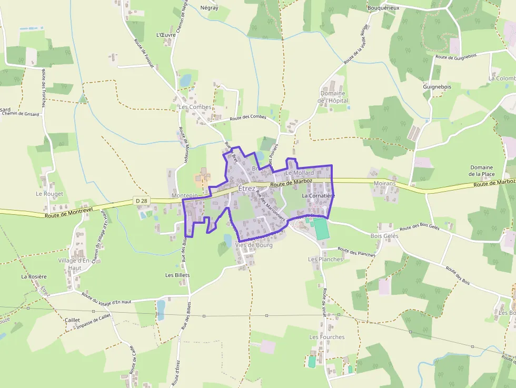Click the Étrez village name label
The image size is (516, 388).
(246, 188)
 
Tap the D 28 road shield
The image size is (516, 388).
(141, 201)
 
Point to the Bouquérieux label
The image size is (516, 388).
(383, 8)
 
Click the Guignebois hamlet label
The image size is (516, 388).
(437, 86)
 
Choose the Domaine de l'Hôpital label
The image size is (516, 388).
(333, 97)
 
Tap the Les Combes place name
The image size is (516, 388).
(195, 107)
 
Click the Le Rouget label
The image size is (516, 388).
(49, 194)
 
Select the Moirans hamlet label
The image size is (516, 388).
(384, 183)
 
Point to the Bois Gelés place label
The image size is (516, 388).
(384, 236)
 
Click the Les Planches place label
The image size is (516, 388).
(325, 259)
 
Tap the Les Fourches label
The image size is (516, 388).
(327, 337)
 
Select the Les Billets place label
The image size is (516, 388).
(177, 275)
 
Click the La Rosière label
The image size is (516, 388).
(34, 276)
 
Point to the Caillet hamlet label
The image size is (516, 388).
(72, 320)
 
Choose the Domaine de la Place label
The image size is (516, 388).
(482, 171)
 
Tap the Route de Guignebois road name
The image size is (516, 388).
(456, 57)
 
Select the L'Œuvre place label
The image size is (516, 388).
(166, 35)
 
